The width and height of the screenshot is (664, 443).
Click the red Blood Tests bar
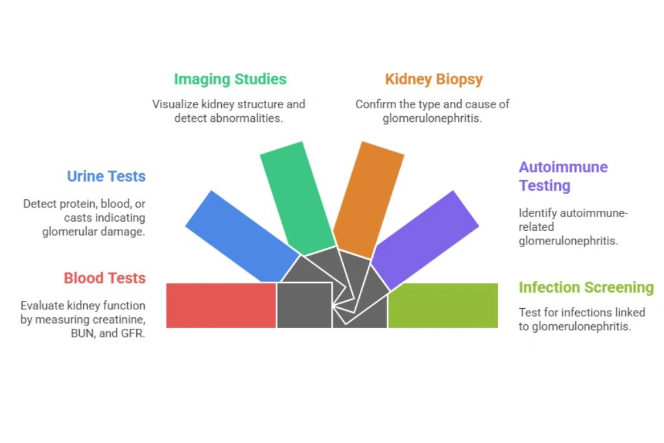pos(221,305)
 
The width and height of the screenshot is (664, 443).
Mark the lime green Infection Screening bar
pos(443,305)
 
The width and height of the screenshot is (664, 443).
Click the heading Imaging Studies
pos(230,79)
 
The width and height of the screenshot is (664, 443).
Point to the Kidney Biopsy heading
pos(434,79)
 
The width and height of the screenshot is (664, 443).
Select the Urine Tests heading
pos(106,176)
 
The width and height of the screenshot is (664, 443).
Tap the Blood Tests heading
pos(104,278)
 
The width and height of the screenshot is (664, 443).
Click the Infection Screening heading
pos(586,287)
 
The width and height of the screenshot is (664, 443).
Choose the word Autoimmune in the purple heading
pos(563,167)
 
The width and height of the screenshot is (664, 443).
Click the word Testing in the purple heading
pos(544,186)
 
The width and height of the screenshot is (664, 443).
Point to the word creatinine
pos(122,320)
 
